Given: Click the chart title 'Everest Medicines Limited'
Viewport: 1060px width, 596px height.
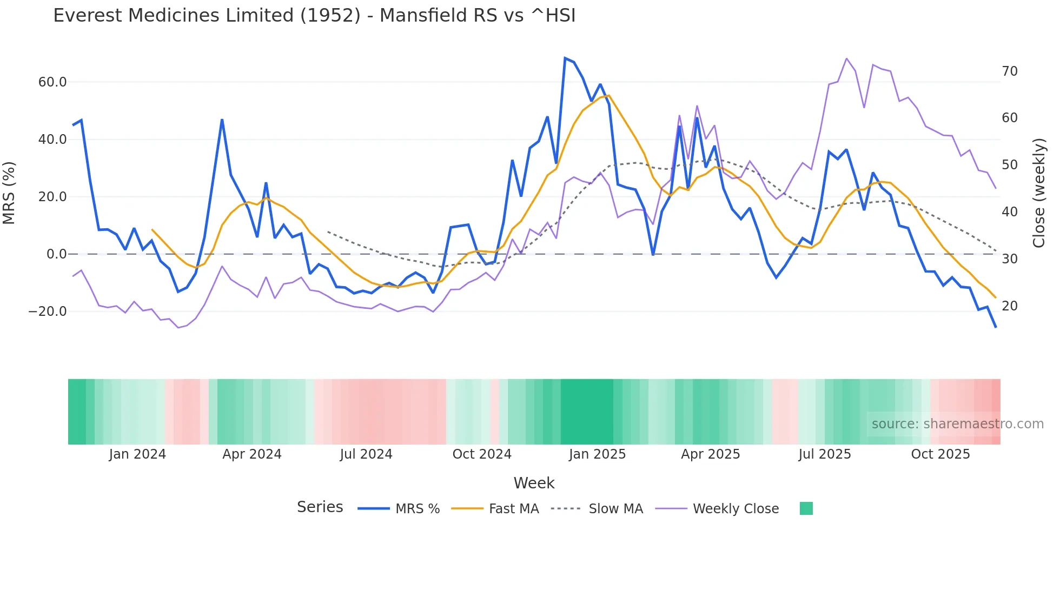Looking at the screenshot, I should pyautogui.click(x=314, y=16).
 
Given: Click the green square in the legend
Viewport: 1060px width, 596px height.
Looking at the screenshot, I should pyautogui.click(x=806, y=508).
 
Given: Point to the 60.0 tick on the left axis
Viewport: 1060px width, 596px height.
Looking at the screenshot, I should pyautogui.click(x=52, y=82).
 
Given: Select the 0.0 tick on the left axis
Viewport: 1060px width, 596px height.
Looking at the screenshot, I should pyautogui.click(x=56, y=254).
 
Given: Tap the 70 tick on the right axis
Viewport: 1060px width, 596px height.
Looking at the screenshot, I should pyautogui.click(x=1010, y=71).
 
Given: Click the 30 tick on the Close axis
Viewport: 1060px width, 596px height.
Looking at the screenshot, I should pyautogui.click(x=1010, y=259).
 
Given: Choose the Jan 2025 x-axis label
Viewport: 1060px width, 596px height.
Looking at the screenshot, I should pyautogui.click(x=597, y=454).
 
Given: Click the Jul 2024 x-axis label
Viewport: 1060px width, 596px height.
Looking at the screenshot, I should pyautogui.click(x=366, y=454).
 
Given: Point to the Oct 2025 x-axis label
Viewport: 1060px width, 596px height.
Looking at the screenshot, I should pyautogui.click(x=940, y=454).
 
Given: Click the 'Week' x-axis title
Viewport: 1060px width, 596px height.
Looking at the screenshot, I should pyautogui.click(x=534, y=483).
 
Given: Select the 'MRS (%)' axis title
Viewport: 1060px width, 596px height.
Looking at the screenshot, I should pyautogui.click(x=9, y=193).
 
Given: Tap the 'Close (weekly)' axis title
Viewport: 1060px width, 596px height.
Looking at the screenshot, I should pyautogui.click(x=1039, y=193).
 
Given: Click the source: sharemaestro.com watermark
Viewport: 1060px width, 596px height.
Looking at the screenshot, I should pyautogui.click(x=957, y=424).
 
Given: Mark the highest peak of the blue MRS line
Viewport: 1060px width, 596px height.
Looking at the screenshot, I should pyautogui.click(x=565, y=58).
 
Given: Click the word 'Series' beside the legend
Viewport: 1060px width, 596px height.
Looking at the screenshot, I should pyautogui.click(x=320, y=507).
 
